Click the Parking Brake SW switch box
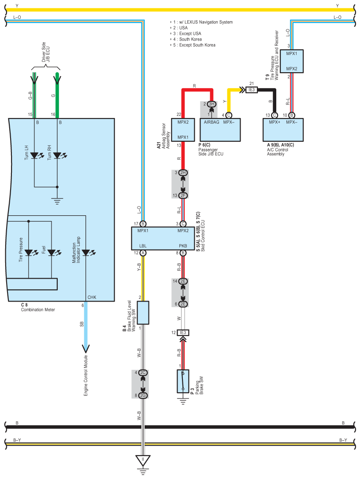click(183, 381)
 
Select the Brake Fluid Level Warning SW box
click(143, 313)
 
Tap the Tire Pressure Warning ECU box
click(292, 61)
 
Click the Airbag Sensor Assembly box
click(183, 130)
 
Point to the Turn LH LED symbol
click(34, 155)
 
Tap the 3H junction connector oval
click(212, 104)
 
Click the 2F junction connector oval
click(183, 195)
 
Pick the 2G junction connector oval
click(143, 395)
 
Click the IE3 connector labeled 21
click(252, 89)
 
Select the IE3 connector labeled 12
click(183, 333)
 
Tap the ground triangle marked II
click(143, 460)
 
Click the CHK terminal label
click(92, 297)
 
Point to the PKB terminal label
click(183, 246)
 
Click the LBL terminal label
click(143, 246)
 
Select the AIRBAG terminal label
click(212, 122)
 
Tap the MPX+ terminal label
click(275, 122)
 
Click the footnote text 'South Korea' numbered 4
click(190, 39)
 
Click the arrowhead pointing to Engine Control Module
click(85, 349)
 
